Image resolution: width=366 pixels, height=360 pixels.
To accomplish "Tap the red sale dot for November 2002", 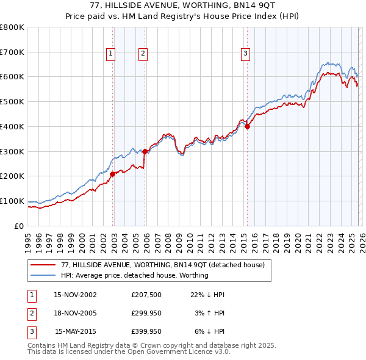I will [113, 174].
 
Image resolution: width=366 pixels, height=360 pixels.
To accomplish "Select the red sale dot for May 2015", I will [247, 126].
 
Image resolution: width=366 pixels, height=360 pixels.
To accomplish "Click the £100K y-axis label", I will [12, 201].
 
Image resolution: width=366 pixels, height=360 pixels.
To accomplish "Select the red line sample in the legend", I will [43, 265].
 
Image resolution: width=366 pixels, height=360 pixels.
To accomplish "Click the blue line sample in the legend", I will [43, 275].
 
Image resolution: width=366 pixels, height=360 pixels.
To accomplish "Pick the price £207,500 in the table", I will [146, 295].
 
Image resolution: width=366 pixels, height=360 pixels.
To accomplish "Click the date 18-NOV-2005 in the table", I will [75, 313].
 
